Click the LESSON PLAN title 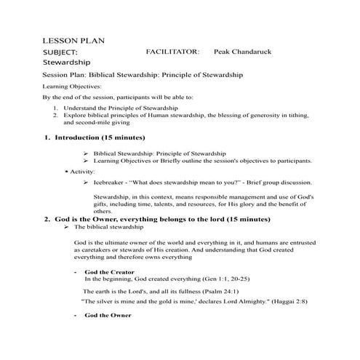(74, 40)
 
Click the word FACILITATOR (172, 52)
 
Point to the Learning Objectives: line (71, 86)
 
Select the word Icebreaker (111, 183)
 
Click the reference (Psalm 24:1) (247, 289)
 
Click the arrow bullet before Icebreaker (86, 183)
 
